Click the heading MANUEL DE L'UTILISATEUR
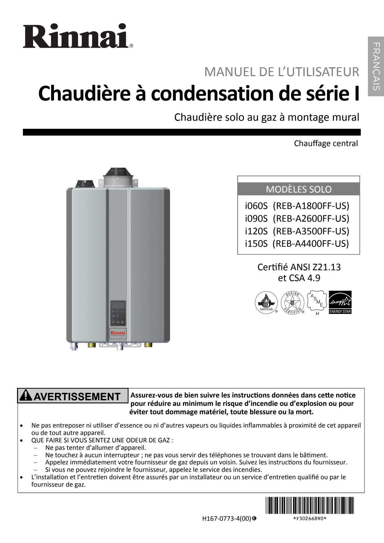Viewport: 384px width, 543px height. click(281, 72)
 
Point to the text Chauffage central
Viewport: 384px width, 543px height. click(326, 144)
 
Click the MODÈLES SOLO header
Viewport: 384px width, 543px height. click(299, 189)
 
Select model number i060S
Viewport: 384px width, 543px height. click(256, 206)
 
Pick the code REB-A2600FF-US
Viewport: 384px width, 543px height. click(311, 219)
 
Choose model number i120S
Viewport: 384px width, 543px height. click(256, 231)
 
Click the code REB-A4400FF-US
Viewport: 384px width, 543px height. click(311, 244)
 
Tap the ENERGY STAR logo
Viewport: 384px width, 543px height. click(340, 302)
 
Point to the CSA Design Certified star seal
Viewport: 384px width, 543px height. click(292, 302)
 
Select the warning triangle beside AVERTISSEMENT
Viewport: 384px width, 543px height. click(25, 396)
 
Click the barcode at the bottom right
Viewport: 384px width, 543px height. click(309, 505)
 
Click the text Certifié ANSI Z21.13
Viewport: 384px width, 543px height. click(299, 267)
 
